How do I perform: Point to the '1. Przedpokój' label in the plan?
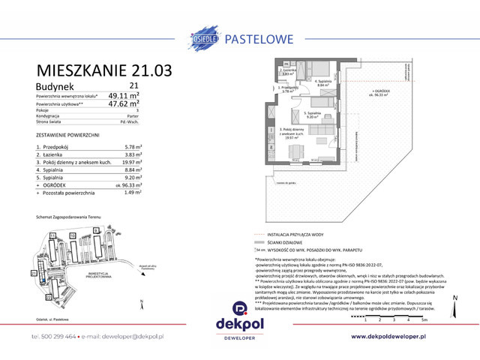(289, 88)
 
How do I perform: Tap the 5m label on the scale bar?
(425, 319)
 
